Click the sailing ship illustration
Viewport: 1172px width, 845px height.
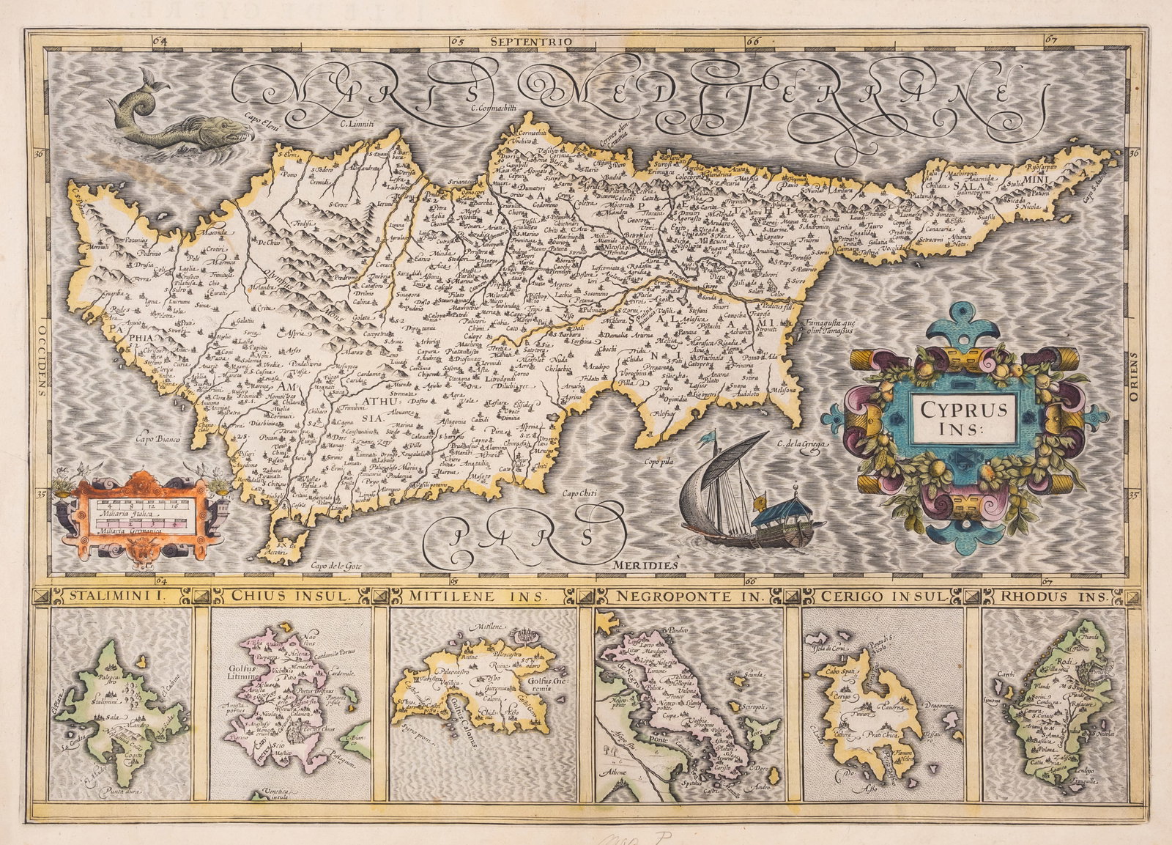[740, 491]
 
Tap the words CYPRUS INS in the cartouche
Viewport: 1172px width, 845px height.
[963, 418]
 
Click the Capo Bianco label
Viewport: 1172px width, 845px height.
[158, 440]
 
